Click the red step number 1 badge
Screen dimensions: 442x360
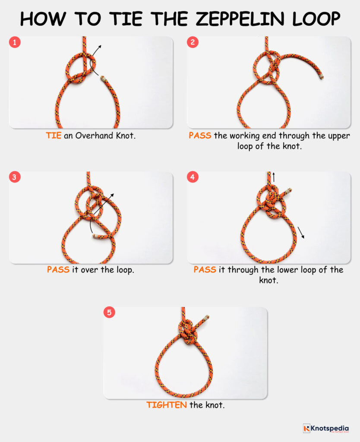(15, 42)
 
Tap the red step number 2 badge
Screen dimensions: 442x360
(193, 42)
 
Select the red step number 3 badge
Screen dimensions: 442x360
(15, 177)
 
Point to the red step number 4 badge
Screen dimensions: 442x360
(193, 177)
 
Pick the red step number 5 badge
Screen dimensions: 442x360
(109, 313)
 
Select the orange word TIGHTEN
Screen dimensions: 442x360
(166, 405)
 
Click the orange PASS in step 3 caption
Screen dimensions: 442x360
(58, 270)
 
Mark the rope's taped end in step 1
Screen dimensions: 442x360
(103, 79)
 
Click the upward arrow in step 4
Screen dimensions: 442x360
(273, 176)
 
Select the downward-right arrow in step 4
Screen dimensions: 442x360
(301, 233)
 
